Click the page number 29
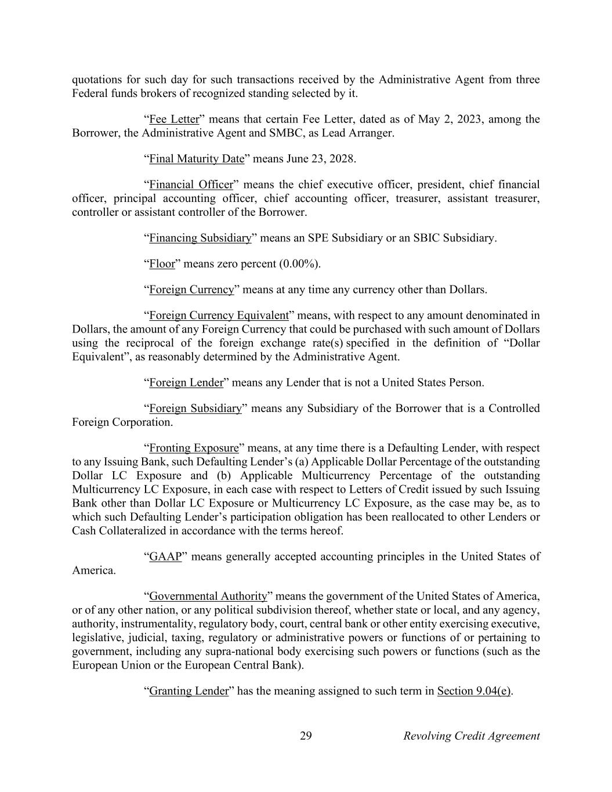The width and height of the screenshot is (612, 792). (306, 736)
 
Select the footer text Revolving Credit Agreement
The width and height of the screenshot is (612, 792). (471, 736)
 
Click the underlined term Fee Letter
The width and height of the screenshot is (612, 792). (174, 120)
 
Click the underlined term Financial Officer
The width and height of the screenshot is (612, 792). (191, 185)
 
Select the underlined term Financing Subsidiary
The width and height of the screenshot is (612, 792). (200, 238)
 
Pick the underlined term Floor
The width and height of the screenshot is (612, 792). (162, 264)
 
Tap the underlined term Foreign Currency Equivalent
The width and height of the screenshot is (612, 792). (219, 316)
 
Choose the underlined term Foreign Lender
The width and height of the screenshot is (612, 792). (186, 382)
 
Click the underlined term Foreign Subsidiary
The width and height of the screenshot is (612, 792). (195, 408)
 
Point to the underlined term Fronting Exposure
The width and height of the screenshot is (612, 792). (194, 448)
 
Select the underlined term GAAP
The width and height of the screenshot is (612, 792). (165, 557)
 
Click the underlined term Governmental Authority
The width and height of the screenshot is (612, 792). (208, 596)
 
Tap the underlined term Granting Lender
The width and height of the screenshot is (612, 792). (189, 691)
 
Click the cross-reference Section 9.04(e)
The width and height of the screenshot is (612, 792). (474, 691)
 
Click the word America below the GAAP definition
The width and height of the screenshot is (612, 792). (93, 570)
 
